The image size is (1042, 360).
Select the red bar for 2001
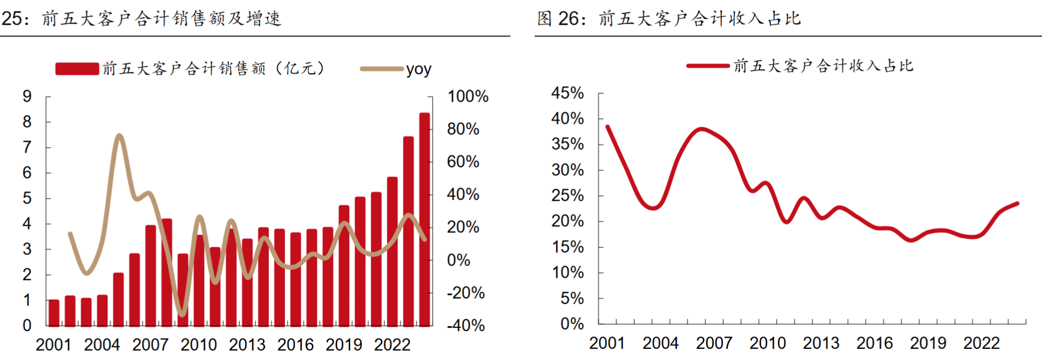[54, 312]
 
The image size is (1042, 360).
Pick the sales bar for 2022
[392, 252]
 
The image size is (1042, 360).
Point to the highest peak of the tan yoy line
[119, 135]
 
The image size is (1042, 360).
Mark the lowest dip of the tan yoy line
[182, 315]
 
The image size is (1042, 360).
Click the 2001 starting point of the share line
[607, 127]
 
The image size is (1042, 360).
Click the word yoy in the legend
[419, 69]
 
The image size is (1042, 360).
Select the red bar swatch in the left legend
[77, 69]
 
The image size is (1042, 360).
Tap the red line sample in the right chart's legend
[708, 66]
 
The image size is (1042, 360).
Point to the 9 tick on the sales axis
[27, 96]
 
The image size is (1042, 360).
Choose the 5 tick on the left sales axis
[27, 198]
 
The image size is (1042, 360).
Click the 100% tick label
[468, 96]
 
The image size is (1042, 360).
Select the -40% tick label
[466, 325]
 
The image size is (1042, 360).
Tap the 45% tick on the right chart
[567, 93]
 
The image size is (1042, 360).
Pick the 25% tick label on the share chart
[567, 195]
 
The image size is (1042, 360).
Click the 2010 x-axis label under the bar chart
[199, 345]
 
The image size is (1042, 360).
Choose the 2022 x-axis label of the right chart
[981, 343]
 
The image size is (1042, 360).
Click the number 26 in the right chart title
[568, 19]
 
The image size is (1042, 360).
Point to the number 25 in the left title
[12, 19]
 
